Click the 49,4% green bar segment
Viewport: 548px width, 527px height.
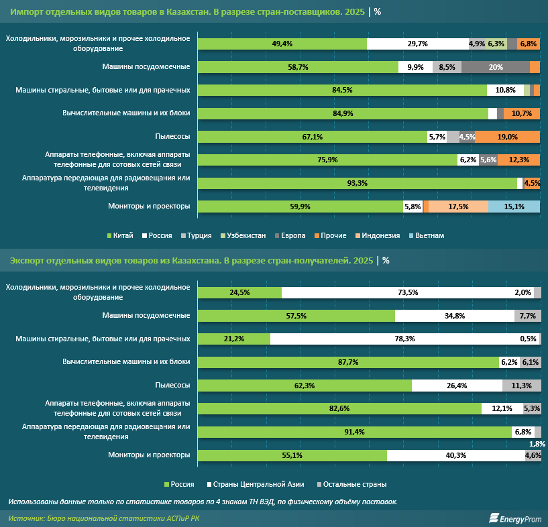click(282, 44)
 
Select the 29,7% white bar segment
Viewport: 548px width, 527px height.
click(418, 44)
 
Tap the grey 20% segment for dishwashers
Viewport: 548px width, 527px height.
click(496, 67)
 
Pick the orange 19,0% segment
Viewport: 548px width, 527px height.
click(508, 137)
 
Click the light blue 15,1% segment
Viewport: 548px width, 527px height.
click(514, 207)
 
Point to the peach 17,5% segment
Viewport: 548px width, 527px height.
click(458, 207)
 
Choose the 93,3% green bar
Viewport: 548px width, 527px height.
click(358, 183)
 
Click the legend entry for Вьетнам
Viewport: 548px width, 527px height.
click(427, 236)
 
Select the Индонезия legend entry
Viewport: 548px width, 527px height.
click(378, 236)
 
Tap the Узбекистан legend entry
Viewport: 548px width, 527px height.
click(243, 236)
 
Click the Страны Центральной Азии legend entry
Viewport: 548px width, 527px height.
click(256, 484)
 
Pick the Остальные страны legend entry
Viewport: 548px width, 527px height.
click(351, 484)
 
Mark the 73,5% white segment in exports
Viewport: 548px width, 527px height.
click(408, 292)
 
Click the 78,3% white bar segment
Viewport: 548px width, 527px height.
click(404, 339)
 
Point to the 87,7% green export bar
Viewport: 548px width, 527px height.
click(348, 362)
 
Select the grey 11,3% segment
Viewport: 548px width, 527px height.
click(521, 386)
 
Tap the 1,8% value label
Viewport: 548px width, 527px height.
click(537, 444)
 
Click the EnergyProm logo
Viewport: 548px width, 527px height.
click(515, 518)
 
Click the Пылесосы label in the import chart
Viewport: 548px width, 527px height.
click(172, 136)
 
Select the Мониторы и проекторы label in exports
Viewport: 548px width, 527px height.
click(149, 455)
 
